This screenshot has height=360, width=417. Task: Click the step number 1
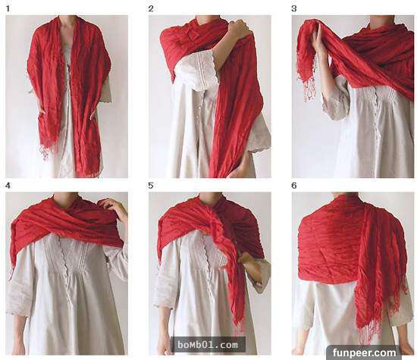tap(8, 9)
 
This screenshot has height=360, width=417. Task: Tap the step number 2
tap(151, 9)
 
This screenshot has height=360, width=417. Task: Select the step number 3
tap(294, 9)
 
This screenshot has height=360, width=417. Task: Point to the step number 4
tap(8, 186)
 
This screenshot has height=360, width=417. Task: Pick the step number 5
tap(151, 186)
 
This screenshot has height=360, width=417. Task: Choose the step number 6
tap(294, 186)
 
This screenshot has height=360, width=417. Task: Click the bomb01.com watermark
tap(208, 345)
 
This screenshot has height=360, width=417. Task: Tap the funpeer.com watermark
tap(364, 352)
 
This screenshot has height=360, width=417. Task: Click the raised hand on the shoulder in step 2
tap(238, 29)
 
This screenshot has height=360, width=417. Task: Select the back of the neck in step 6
tap(346, 195)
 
